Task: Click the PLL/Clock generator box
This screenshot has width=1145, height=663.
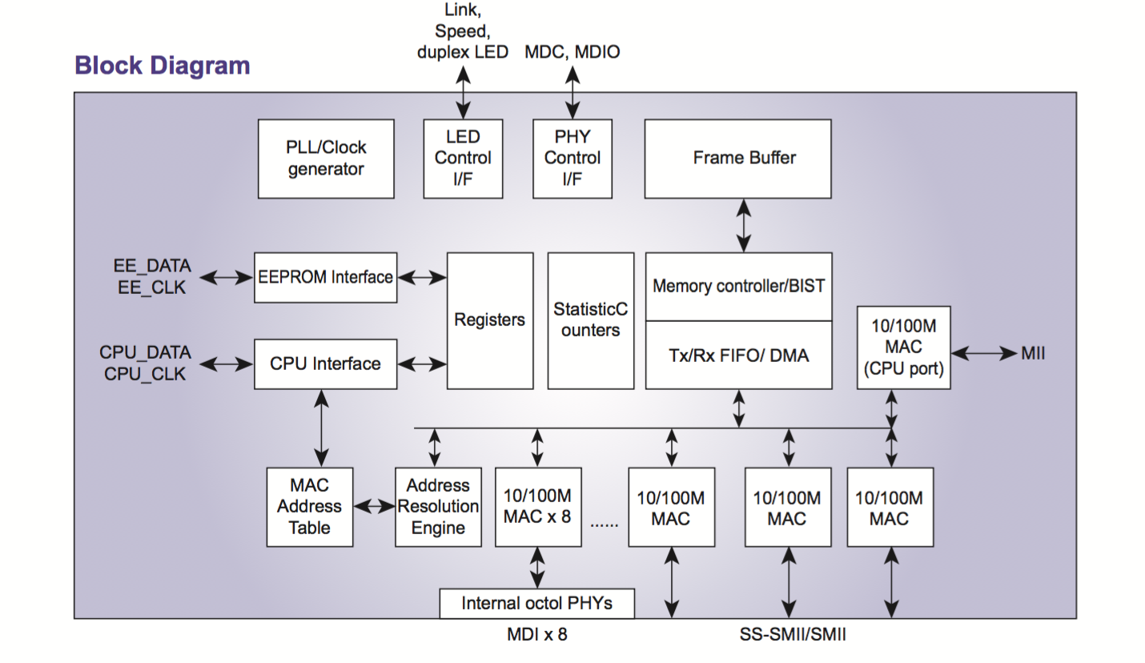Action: (326, 159)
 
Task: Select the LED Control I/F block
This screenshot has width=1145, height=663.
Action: (463, 159)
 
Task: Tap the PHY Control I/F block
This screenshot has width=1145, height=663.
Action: (572, 159)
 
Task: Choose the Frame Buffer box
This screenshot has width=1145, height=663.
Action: (737, 159)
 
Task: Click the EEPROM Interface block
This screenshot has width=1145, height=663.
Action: (325, 277)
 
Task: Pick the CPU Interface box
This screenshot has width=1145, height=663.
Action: (325, 364)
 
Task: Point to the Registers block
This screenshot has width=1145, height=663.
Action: (489, 320)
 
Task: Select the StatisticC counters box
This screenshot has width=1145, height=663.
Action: (591, 320)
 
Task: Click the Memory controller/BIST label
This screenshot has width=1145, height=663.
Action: (738, 286)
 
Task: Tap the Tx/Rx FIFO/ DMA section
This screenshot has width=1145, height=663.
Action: (738, 356)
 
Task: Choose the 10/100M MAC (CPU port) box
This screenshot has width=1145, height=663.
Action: (903, 348)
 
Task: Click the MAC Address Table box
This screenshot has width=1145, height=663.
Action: (309, 507)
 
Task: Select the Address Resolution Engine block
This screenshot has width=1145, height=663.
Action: (438, 507)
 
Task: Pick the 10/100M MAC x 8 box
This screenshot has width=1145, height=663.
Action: (538, 507)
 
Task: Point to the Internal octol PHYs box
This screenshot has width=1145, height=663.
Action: (536, 603)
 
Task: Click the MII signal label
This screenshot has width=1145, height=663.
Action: (1033, 353)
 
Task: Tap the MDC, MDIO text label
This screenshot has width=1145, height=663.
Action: (572, 52)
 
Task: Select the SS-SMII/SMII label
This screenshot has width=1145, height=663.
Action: (793, 635)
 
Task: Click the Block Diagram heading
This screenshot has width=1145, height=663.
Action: (163, 66)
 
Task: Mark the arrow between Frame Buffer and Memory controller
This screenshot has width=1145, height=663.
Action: (745, 226)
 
